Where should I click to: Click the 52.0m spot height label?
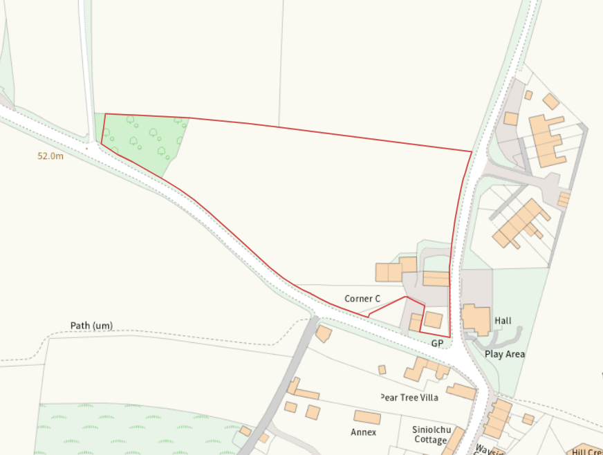pos(50,156)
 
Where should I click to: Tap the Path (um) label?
pos(91,325)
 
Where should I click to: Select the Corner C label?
pos(362,299)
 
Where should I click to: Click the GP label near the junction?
pos(437,343)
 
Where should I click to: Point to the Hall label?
pos(503,321)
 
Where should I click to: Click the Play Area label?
pos(504,354)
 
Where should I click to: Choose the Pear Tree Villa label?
pos(409,398)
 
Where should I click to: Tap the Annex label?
pos(364,432)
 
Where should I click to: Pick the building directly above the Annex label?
pos(367,418)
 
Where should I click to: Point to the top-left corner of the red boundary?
pos(105,114)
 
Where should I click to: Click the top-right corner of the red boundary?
pos(472,151)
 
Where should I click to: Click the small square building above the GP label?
pos(433,319)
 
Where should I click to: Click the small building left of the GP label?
pos(416,323)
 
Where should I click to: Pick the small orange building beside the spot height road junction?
pos(323,334)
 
